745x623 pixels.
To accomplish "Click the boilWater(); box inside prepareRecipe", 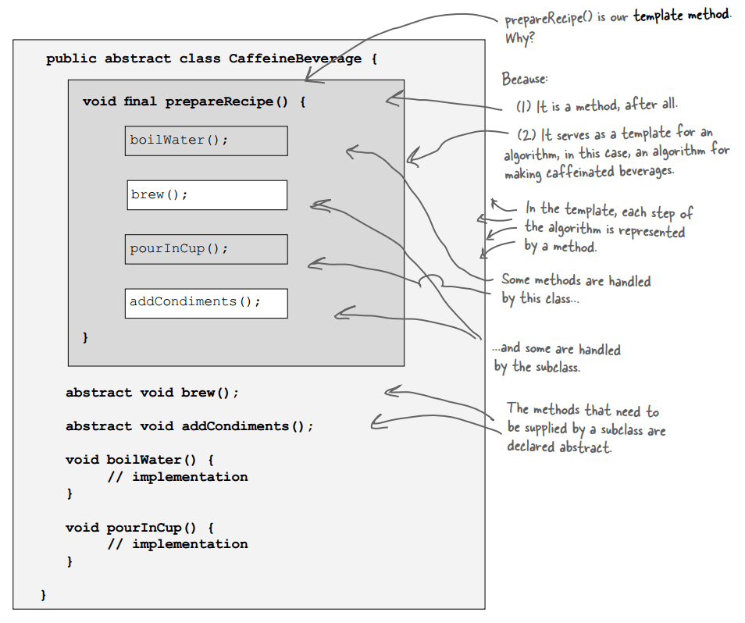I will click(x=206, y=141).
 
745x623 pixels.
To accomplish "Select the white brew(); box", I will click(x=207, y=195).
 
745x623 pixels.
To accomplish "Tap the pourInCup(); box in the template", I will click(x=206, y=249).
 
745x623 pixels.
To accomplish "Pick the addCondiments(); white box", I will click(x=206, y=303).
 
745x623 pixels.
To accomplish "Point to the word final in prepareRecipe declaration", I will click(x=141, y=101).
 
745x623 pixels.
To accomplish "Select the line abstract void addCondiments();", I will click(x=189, y=426).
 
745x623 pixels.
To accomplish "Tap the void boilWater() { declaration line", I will click(x=139, y=460).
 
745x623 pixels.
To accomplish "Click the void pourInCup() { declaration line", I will click(x=139, y=527).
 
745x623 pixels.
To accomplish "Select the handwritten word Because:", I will click(x=525, y=80).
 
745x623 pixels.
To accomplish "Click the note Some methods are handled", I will click(x=576, y=280).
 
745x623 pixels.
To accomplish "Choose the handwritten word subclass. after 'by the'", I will click(x=557, y=366).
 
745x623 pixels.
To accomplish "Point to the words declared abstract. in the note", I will click(x=559, y=447).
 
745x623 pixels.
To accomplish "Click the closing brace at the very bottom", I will click(x=44, y=595).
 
